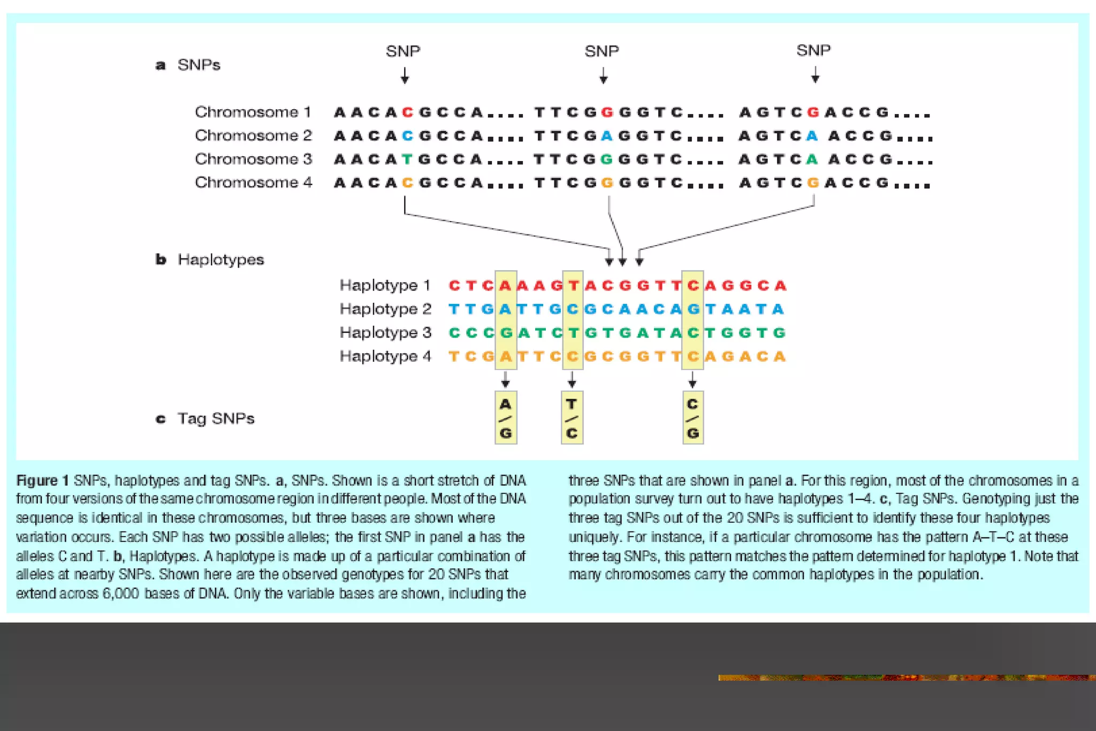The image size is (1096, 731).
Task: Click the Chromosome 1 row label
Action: (x=253, y=112)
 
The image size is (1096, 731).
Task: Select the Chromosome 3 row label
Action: (x=253, y=159)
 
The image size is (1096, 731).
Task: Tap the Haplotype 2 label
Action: (x=385, y=309)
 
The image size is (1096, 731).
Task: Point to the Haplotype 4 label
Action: (x=385, y=356)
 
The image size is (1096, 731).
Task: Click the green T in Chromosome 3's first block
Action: (x=408, y=159)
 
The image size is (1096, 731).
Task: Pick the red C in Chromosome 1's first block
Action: (x=408, y=112)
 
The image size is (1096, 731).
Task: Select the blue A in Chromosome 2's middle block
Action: (x=606, y=136)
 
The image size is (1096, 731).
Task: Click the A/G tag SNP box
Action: (x=506, y=418)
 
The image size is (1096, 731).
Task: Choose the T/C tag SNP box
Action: (x=572, y=418)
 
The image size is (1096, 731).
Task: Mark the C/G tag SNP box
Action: (x=693, y=418)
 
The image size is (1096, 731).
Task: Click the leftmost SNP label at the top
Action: (x=403, y=51)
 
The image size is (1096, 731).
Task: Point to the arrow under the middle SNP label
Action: (x=604, y=75)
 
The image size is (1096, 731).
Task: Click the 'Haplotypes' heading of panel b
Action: (x=220, y=260)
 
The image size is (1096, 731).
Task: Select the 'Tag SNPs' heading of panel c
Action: (x=216, y=418)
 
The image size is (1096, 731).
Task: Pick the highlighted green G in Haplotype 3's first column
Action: (x=506, y=333)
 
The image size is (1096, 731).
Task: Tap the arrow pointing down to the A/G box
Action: (x=506, y=380)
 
